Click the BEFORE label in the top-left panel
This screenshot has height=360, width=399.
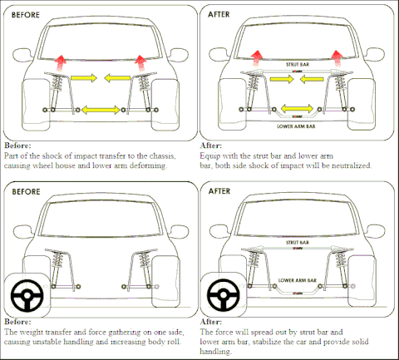[x=26, y=15]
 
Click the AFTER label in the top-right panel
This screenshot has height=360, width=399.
[x=219, y=14]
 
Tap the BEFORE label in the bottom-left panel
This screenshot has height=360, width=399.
[x=26, y=192]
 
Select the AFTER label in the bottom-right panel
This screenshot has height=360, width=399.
[x=219, y=191]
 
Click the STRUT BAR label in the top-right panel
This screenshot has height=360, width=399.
[x=298, y=65]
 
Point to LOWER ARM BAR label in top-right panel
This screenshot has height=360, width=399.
[x=296, y=126]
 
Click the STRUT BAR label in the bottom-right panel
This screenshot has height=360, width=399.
[x=298, y=243]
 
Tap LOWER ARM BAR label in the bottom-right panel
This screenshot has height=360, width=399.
[x=298, y=280]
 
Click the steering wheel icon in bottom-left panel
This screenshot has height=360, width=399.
[x=27, y=295]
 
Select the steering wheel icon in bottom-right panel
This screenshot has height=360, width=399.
[x=223, y=294]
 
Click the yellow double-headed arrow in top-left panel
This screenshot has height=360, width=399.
[x=101, y=110]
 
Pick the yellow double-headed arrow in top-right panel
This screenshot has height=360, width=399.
[x=297, y=108]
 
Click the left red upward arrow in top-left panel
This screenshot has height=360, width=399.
[x=60, y=63]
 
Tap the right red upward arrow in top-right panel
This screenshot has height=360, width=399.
[x=337, y=58]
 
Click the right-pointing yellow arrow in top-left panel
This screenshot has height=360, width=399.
[x=84, y=78]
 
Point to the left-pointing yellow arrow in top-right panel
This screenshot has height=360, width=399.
[x=312, y=79]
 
